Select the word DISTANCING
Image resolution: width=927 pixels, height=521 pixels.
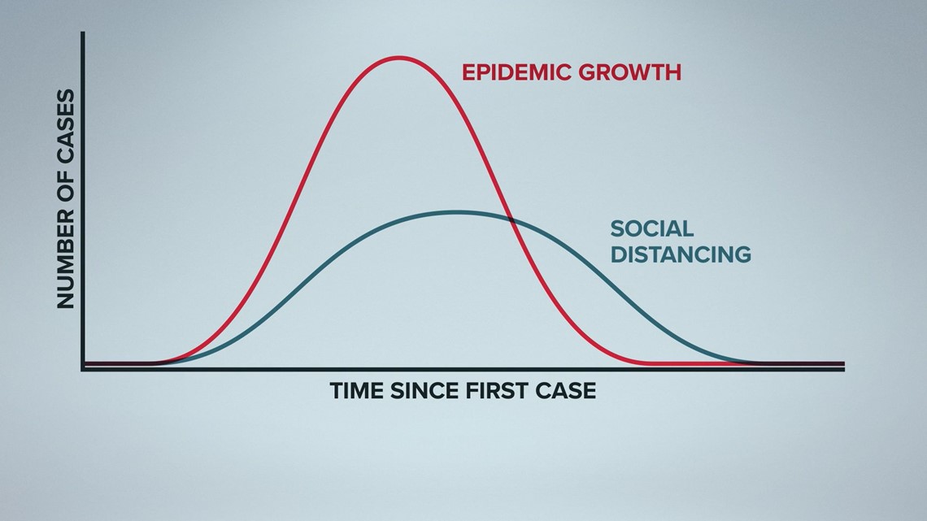click(x=681, y=254)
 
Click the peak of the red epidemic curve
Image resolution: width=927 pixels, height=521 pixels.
click(x=399, y=58)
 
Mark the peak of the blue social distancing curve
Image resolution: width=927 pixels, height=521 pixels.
click(x=455, y=211)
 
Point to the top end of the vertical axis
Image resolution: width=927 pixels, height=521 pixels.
click(x=84, y=33)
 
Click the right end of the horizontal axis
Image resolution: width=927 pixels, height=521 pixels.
click(x=843, y=369)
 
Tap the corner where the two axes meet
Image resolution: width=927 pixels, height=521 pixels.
click(x=84, y=369)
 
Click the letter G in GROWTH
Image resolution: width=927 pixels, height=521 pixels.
click(x=587, y=72)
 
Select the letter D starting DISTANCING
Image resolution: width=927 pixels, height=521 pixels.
click(x=618, y=254)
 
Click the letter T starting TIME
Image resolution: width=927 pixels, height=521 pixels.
click(x=337, y=391)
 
